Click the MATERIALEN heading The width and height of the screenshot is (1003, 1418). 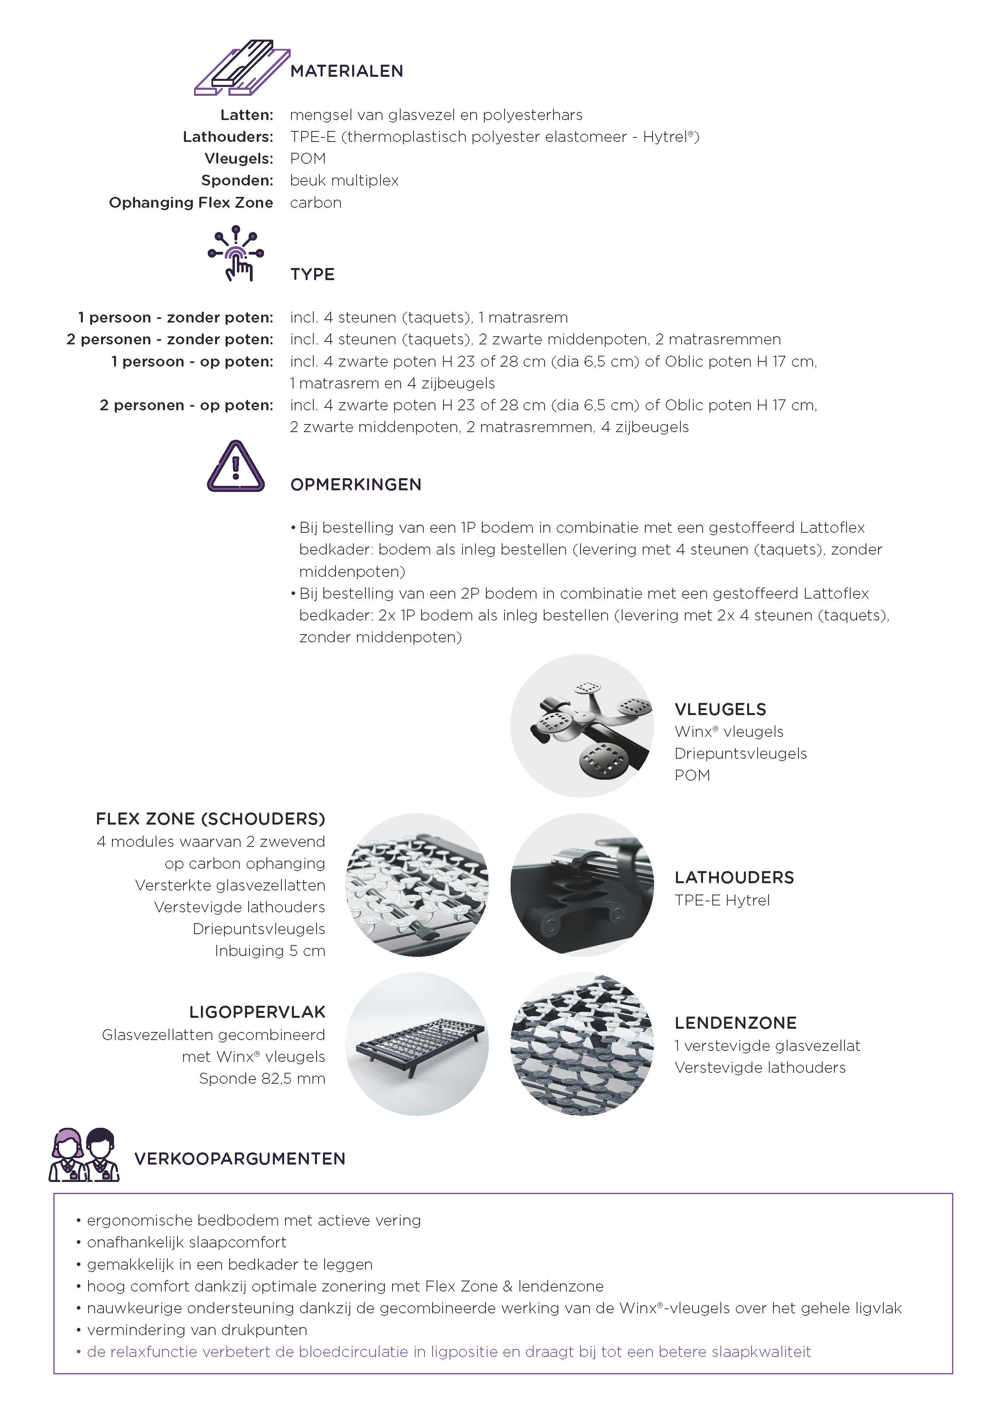point(346,71)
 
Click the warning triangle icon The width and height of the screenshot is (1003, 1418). point(236,468)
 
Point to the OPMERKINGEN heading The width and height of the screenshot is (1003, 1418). point(356,485)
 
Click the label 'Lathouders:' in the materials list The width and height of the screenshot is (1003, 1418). point(228,137)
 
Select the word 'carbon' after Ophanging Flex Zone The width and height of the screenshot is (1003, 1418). point(316,203)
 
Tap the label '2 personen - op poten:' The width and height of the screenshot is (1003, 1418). point(186,405)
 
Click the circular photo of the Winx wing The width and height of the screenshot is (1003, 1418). point(582,726)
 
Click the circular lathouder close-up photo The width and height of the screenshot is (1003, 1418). point(582,885)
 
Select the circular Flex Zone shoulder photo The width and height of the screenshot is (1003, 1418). point(417,885)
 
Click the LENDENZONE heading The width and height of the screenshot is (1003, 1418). point(736,1023)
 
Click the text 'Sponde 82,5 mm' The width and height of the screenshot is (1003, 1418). point(262,1078)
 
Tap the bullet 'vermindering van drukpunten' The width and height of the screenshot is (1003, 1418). point(196,1330)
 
